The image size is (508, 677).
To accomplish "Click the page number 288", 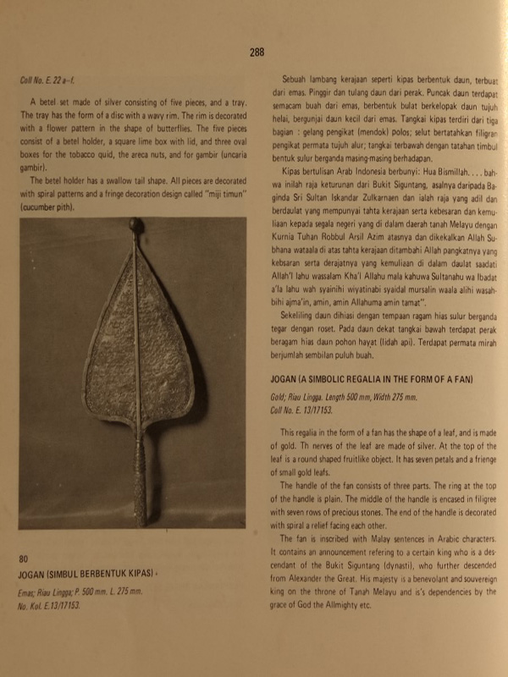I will click(x=257, y=52).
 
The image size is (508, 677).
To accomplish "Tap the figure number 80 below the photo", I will click(x=24, y=559).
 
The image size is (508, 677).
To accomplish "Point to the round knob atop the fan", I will click(x=135, y=226).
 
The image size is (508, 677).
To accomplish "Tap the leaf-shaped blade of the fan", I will click(x=135, y=338).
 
